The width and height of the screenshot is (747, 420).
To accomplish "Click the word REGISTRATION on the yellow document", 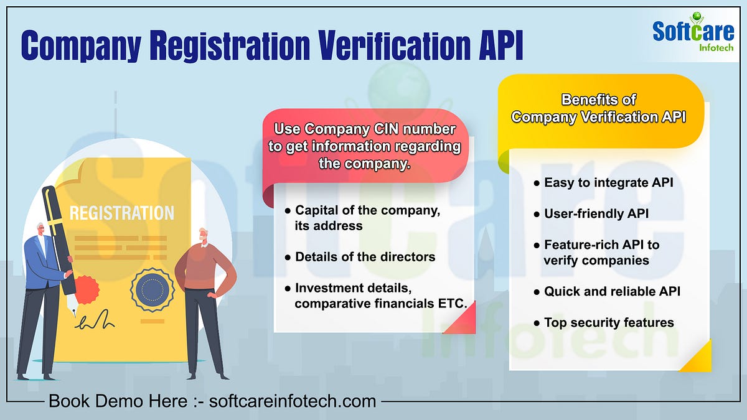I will pyautogui.click(x=122, y=213).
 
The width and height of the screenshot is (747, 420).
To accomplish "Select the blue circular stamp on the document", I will pyautogui.click(x=152, y=289).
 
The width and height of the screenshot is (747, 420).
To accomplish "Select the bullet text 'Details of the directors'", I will pyautogui.click(x=365, y=257).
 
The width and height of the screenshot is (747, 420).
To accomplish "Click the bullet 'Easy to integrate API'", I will pyautogui.click(x=608, y=183).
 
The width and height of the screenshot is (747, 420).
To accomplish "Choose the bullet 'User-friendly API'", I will pyautogui.click(x=596, y=214).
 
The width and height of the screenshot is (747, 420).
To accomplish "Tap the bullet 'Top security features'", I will pyautogui.click(x=608, y=322).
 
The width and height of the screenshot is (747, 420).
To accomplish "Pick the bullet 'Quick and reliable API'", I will pyautogui.click(x=612, y=291).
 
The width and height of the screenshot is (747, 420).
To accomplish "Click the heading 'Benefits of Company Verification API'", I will pyautogui.click(x=598, y=108).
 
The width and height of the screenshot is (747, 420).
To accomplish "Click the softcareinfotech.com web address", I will pyautogui.click(x=293, y=401).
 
